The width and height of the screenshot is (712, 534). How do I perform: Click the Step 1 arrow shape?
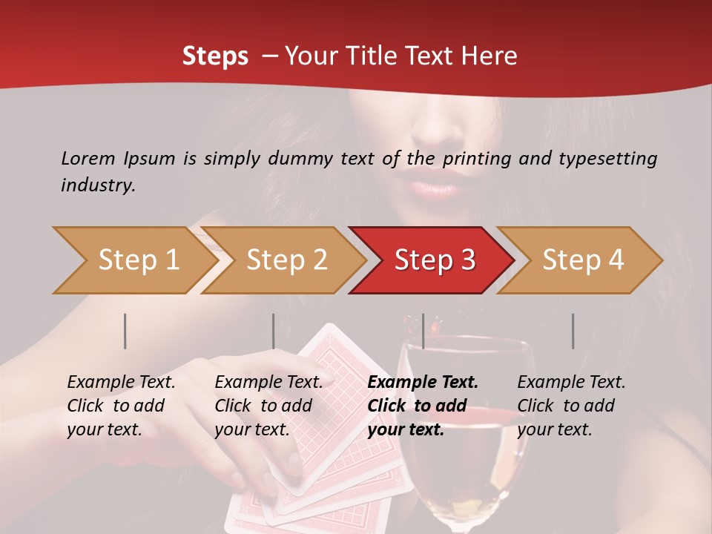point(133,260)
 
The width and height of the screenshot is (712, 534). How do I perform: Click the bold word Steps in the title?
point(215,56)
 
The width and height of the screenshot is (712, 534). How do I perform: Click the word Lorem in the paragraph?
point(88,158)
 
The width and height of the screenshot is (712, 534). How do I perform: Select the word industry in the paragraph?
point(98,185)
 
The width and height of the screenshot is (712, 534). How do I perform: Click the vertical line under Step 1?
point(125,331)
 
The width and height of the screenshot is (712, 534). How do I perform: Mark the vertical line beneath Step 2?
point(274,331)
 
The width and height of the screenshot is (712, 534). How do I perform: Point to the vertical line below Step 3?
point(423,331)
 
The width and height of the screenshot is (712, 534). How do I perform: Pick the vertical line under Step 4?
point(573,331)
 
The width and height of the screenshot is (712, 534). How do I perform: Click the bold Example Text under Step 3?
point(423,383)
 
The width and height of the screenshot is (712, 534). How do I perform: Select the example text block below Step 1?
point(121,406)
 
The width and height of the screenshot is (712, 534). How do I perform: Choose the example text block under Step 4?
point(570,406)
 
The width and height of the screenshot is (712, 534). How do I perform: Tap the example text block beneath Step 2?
point(268,406)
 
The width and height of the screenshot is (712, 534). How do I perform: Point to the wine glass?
point(464,430)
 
